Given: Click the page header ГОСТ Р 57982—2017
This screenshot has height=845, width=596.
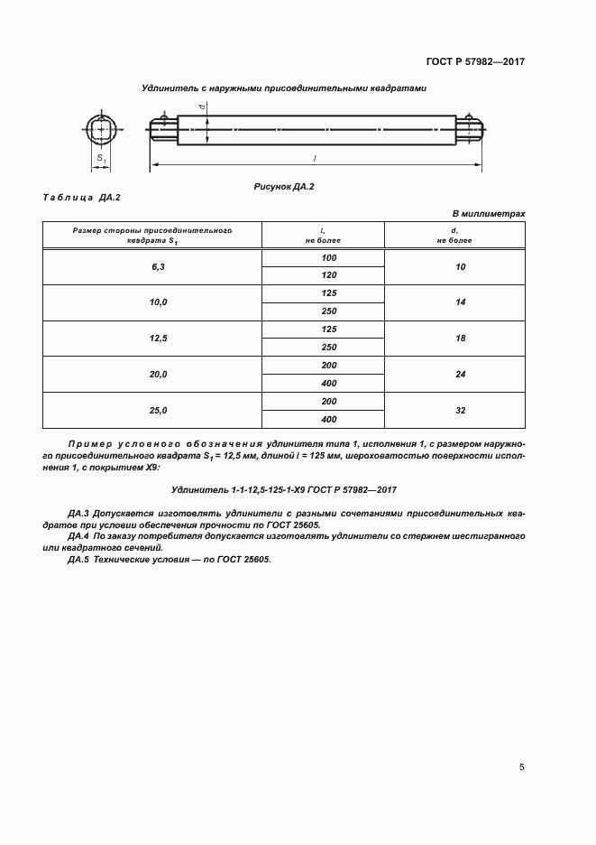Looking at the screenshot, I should pyautogui.click(x=475, y=62).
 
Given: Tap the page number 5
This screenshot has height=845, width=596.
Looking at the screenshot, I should pyautogui.click(x=521, y=767).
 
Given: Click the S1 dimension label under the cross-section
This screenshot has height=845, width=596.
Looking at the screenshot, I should pyautogui.click(x=101, y=159).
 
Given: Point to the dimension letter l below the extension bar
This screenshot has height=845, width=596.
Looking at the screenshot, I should pyautogui.click(x=315, y=158).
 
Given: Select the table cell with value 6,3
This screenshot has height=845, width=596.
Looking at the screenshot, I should pyautogui.click(x=159, y=267).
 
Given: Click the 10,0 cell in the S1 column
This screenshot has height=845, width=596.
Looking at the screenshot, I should pyautogui.click(x=159, y=302).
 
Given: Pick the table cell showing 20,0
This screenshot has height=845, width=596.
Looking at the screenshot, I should pyautogui.click(x=159, y=374).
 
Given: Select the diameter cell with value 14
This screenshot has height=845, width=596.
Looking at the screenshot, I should pyautogui.click(x=460, y=302).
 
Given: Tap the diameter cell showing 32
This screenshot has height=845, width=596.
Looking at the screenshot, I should pyautogui.click(x=460, y=410).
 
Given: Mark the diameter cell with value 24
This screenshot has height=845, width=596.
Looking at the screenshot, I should pyautogui.click(x=460, y=374).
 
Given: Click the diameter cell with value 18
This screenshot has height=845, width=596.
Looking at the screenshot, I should pyautogui.click(x=460, y=339).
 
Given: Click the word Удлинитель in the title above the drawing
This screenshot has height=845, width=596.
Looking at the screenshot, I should pyautogui.click(x=170, y=88).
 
